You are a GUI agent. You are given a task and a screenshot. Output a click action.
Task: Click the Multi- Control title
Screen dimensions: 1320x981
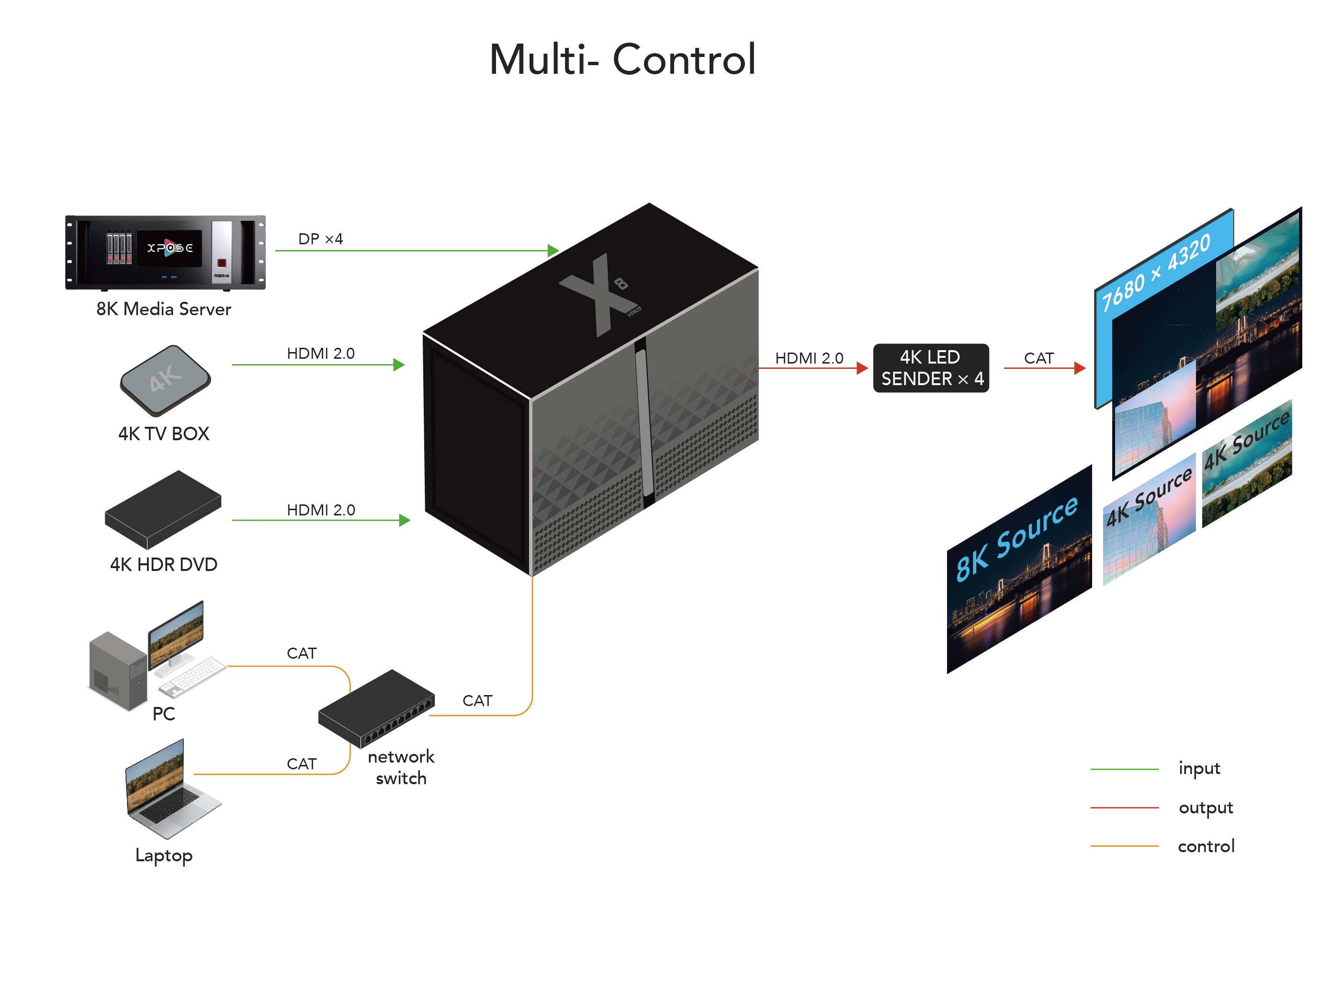[622, 59]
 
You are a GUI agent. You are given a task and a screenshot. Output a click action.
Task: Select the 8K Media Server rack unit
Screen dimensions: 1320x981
[166, 252]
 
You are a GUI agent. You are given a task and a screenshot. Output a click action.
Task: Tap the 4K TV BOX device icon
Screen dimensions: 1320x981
[165, 380]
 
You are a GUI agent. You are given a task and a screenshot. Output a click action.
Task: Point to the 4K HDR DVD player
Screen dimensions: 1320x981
[163, 510]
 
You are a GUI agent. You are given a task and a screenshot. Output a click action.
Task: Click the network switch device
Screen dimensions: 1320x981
[376, 708]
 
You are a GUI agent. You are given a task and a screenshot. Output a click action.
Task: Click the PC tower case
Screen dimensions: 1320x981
[117, 671]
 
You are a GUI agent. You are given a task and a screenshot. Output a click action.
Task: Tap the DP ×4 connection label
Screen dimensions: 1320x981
[320, 239]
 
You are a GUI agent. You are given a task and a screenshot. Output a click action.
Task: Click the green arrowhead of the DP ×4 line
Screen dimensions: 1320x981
[553, 250]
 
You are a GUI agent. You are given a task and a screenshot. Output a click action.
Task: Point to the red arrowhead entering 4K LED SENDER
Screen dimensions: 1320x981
[862, 368]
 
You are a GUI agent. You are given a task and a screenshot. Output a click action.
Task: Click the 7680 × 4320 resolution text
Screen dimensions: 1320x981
[1155, 272]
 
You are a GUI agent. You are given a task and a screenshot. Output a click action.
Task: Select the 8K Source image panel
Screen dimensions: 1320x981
[1019, 569]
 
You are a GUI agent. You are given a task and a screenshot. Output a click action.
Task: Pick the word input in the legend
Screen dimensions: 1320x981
[1199, 768]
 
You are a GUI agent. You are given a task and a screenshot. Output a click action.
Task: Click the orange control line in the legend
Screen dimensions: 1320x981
[1124, 845]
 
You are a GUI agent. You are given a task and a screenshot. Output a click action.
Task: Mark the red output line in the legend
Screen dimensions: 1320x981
[1124, 808]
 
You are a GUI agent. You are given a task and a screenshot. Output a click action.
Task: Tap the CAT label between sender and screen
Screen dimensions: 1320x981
[1038, 358]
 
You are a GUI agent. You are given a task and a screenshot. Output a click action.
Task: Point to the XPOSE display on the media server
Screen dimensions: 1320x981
[170, 248]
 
